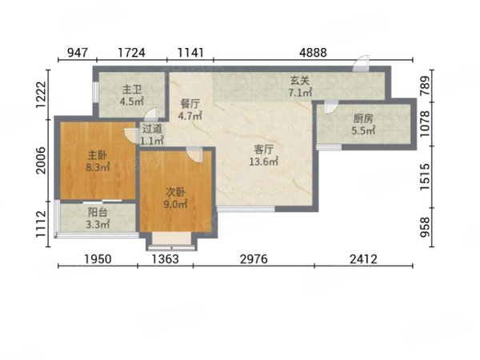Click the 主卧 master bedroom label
[x=98, y=155]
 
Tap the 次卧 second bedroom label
[x=175, y=192]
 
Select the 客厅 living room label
[x=263, y=150]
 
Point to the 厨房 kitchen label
[x=363, y=118]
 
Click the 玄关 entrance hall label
[x=300, y=81]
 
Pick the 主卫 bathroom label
[x=132, y=90]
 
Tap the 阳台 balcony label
[x=98, y=212]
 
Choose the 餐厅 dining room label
[x=190, y=104]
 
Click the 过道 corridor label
[x=152, y=129]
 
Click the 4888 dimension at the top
[x=313, y=53]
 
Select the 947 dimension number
[x=78, y=53]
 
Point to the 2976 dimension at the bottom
[x=254, y=259]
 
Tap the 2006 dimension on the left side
[x=41, y=161]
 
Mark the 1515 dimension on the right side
[x=425, y=177]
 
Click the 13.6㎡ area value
[x=263, y=162]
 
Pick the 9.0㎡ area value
[x=175, y=204]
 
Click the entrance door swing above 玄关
[x=362, y=63]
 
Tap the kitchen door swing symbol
[x=331, y=107]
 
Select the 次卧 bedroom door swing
[x=195, y=154]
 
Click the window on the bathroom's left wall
[x=95, y=92]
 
